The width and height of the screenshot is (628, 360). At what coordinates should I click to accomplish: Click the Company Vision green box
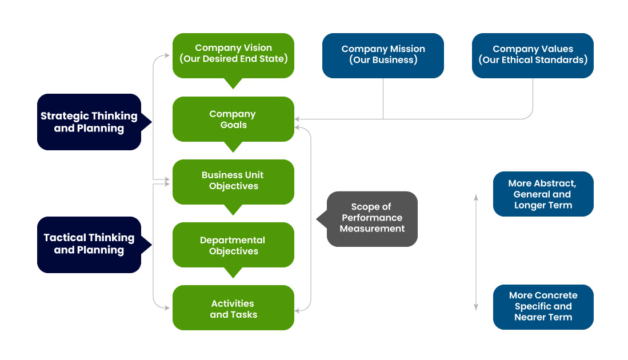[233, 55]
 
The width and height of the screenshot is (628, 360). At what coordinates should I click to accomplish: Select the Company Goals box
[233, 119]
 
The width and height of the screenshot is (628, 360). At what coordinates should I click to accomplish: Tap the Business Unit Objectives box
[233, 181]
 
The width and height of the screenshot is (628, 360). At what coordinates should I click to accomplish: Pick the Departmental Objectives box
[233, 245]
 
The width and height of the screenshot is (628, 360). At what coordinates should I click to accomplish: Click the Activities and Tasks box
[233, 308]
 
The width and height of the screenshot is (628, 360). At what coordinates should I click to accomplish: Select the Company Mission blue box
[383, 55]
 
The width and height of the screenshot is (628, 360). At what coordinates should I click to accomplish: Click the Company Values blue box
[533, 55]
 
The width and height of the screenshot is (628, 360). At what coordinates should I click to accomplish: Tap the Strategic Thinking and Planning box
[89, 122]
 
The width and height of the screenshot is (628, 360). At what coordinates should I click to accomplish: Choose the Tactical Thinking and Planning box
[89, 244]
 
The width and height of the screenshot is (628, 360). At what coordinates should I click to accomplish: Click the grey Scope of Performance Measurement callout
[372, 218]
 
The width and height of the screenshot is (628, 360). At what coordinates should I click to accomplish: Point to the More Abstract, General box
[543, 194]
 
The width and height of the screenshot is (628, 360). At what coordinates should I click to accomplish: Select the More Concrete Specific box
[543, 306]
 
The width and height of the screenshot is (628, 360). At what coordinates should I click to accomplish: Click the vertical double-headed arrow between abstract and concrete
[476, 252]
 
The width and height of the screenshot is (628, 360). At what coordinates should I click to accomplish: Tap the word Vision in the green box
[256, 48]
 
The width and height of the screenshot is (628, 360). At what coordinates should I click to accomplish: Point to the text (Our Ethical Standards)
[533, 60]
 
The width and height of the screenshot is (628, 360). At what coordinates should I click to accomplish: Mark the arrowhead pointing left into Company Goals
[298, 119]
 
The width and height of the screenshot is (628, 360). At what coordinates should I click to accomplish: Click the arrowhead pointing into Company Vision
[167, 55]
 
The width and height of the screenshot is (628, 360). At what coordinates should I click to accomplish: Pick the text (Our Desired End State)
[233, 59]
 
